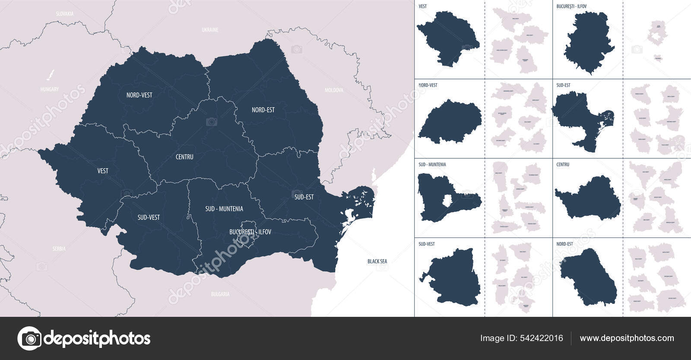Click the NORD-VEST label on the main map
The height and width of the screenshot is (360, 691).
point(139,95)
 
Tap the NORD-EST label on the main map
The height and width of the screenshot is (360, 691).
point(263,110)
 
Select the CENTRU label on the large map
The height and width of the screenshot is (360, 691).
point(184,157)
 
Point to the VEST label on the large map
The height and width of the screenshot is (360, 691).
point(103,171)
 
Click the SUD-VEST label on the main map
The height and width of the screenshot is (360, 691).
point(149,218)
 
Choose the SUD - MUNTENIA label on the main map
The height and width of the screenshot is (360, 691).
point(224,209)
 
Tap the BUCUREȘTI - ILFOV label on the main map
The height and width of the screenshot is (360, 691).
point(250,232)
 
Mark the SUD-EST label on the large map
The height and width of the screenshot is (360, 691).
point(304,197)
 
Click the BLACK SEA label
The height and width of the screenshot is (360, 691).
point(377,262)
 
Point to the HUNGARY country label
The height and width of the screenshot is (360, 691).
point(49,89)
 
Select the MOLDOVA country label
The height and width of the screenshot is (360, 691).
point(334,91)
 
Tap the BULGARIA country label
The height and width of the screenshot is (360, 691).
point(220,294)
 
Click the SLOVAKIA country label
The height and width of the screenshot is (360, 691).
point(65,14)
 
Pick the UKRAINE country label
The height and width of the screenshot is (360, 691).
point(210,30)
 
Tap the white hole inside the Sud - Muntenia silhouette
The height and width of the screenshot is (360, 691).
point(448,200)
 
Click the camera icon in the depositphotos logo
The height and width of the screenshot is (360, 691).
point(30,338)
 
